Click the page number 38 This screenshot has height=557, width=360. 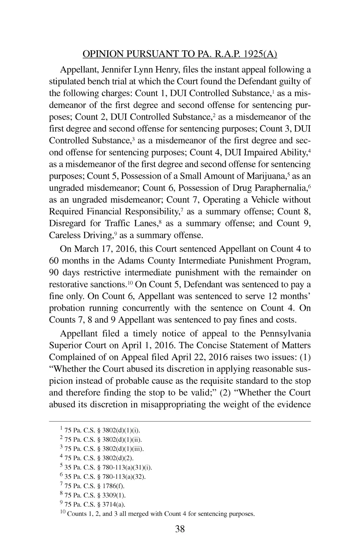[x=180, y=529]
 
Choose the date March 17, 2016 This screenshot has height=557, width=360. [x=105, y=249]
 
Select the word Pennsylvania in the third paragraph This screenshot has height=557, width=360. [x=285, y=334]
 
